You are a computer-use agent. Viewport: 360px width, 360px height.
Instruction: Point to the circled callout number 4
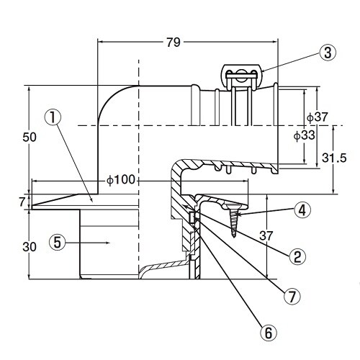click(x=303, y=211)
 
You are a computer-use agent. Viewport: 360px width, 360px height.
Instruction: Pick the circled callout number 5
click(x=58, y=243)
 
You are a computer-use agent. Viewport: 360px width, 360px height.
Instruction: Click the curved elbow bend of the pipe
click(x=115, y=101)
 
